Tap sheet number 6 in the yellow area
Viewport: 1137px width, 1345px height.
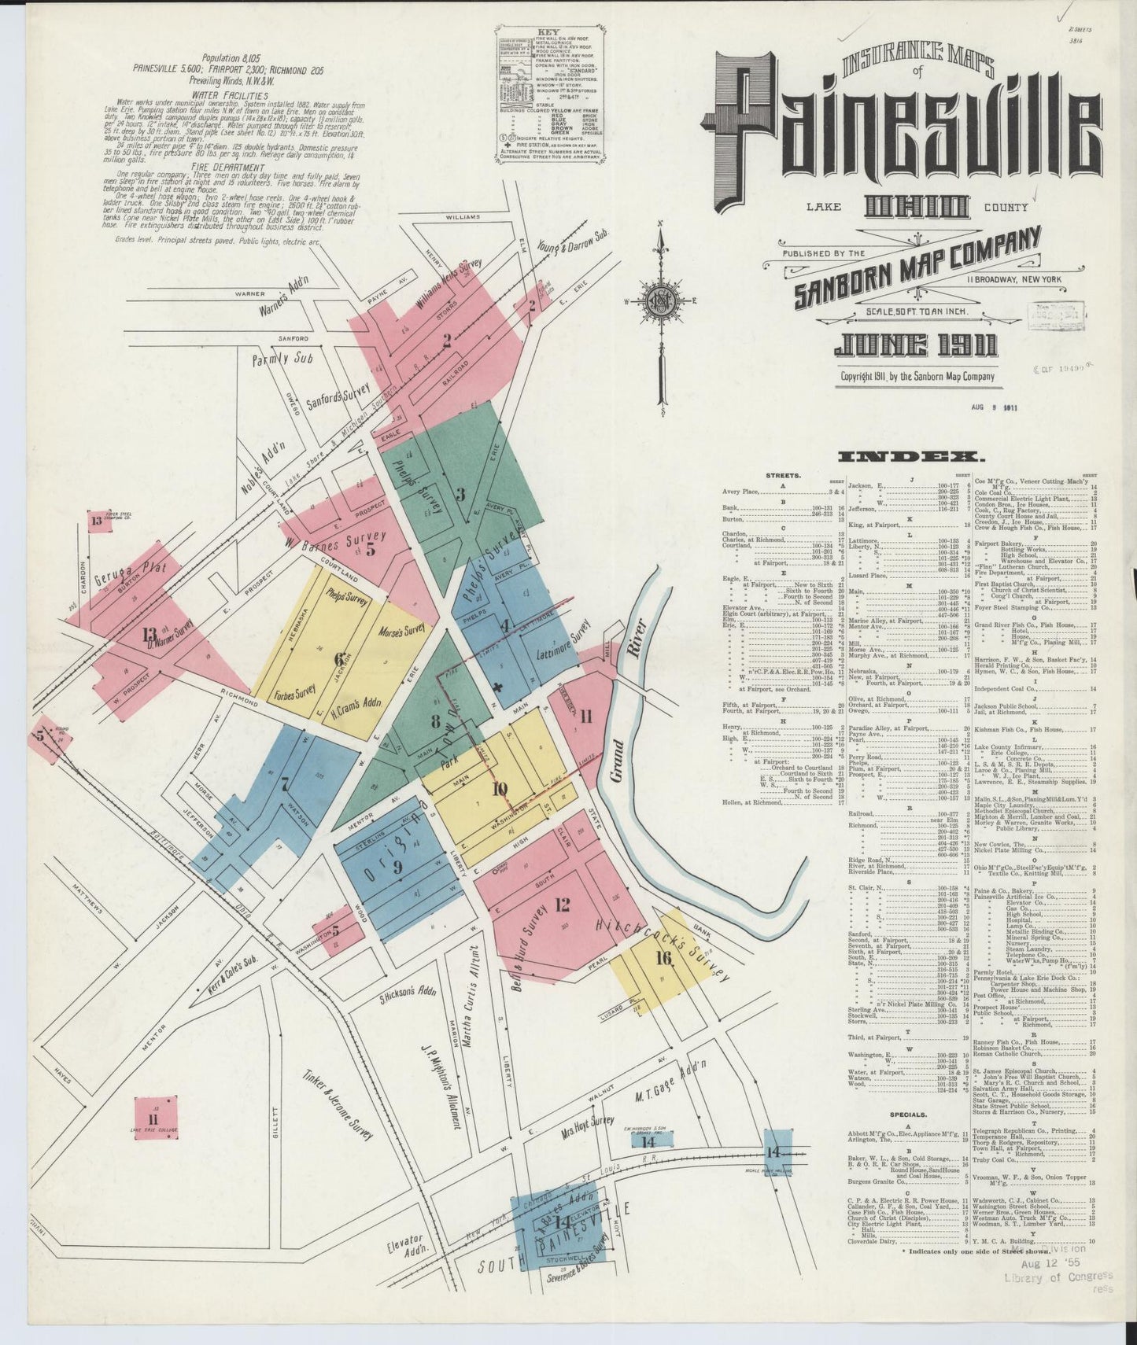coord(339,659)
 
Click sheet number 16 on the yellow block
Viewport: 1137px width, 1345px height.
coord(663,957)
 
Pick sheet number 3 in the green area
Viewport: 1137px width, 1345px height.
coord(461,494)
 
